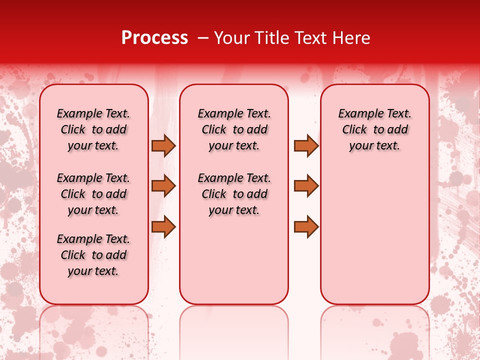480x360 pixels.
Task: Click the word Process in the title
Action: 154,38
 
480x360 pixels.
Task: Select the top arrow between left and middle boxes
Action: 163,145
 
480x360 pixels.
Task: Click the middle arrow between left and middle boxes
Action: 163,186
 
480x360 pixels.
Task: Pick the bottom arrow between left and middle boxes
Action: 163,226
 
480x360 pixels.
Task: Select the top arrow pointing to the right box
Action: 306,145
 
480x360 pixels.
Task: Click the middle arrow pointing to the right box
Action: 306,186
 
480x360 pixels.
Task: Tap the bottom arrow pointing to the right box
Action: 306,226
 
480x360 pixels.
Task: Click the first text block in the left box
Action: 93,129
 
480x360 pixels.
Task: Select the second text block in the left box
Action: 93,194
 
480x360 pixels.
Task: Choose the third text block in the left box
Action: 93,255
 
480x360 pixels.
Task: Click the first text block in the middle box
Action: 234,129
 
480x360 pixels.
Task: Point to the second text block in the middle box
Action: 234,194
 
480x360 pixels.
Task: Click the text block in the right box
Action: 374,129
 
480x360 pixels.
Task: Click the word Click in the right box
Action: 354,130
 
